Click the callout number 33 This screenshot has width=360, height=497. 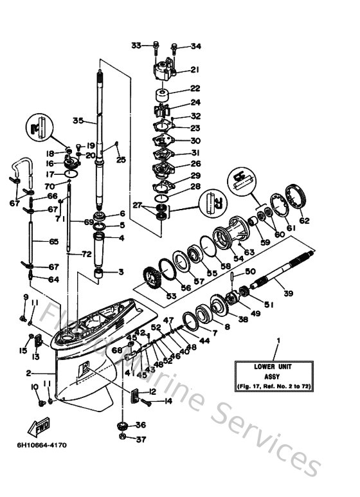point(136,45)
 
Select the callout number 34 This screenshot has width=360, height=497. point(195,46)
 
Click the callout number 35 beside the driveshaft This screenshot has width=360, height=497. point(78,120)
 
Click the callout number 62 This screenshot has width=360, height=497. point(304,221)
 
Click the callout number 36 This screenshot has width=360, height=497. point(141,424)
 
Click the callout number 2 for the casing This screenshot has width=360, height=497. point(28,373)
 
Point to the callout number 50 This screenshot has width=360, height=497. point(250,272)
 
